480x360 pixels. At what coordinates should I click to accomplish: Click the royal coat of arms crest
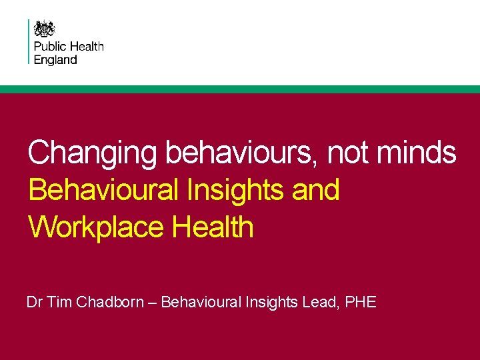pos(45,29)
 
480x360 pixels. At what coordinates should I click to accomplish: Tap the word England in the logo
pos(55,59)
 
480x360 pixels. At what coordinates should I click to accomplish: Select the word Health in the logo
pos(87,47)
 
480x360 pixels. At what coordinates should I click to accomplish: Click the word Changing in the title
pos(92,153)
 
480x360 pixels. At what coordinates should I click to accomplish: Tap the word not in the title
pos(347,153)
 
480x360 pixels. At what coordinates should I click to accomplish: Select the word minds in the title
pos(417,153)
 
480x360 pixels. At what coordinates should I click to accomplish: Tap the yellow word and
pos(315,190)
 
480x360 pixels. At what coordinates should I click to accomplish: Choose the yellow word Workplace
pos(96,227)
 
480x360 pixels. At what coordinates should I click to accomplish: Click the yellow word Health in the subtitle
pos(213,227)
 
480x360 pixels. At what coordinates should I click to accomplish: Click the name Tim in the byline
pos(60,303)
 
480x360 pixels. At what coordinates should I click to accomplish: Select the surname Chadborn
pos(110,303)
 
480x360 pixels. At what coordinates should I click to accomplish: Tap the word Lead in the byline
pos(319,303)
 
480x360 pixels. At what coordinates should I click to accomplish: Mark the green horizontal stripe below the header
pos(240,89)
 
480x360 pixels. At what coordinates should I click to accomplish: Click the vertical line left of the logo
pos(29,41)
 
